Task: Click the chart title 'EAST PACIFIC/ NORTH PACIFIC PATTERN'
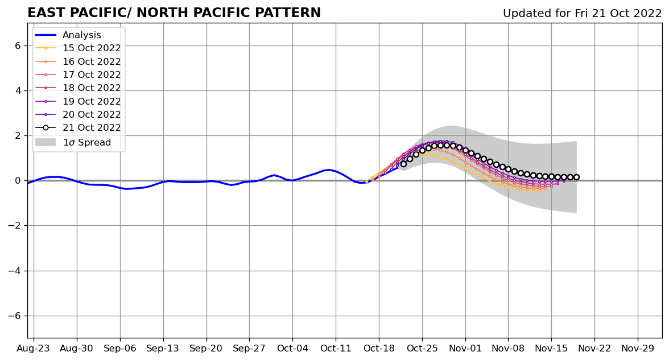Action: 174,13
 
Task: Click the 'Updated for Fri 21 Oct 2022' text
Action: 582,14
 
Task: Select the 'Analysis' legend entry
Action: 82,35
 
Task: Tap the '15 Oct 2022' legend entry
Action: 92,48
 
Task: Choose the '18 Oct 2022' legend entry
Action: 92,88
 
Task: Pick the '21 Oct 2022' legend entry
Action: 92,128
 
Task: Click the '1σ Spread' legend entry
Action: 86,143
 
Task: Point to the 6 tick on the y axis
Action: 17,45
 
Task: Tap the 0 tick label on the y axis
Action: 17,181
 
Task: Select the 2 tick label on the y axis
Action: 17,136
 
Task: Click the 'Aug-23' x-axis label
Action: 34,348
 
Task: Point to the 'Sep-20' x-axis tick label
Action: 206,348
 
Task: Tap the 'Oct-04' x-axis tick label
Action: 292,348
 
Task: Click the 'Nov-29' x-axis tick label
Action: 637,348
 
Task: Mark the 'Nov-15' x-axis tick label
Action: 551,348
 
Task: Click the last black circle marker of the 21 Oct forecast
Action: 576,177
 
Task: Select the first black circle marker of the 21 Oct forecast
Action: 403,164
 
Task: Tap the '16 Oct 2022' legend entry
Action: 92,62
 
